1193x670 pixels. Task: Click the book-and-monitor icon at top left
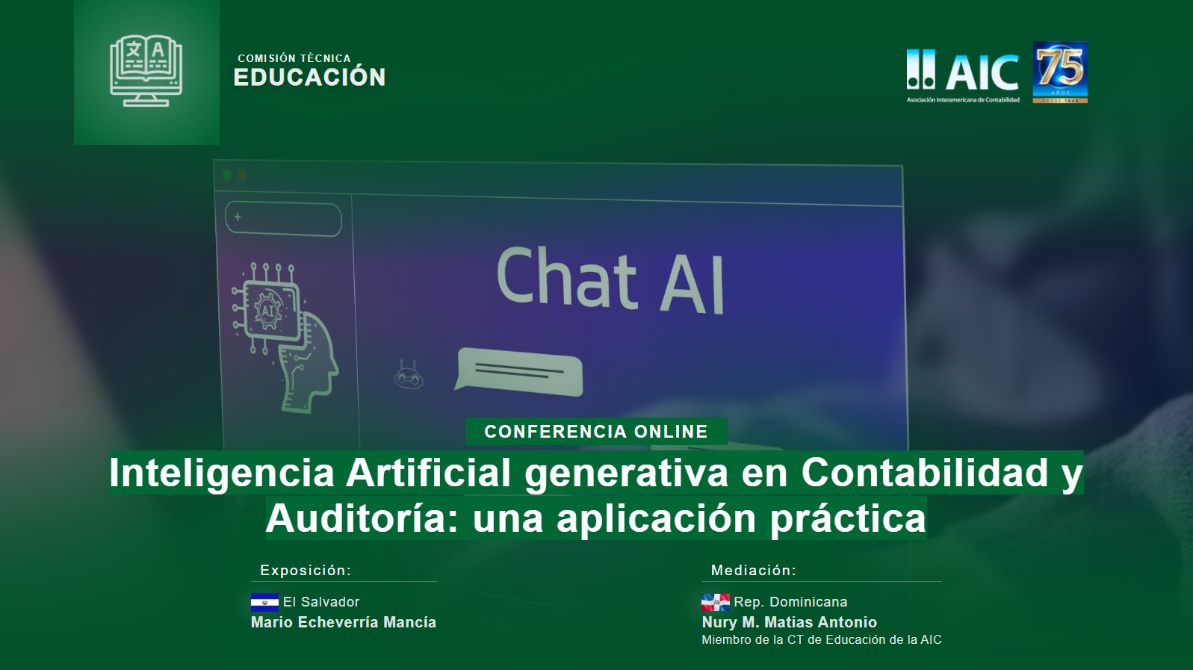pyautogui.click(x=146, y=71)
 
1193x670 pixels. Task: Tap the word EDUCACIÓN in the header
pyautogui.click(x=309, y=77)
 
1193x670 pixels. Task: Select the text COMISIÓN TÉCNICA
pyautogui.click(x=294, y=58)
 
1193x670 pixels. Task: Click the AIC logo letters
pyautogui.click(x=982, y=72)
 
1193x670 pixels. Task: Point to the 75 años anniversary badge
pyautogui.click(x=1060, y=72)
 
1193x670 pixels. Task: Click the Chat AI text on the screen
pyautogui.click(x=610, y=279)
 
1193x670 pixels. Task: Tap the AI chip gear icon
pyautogui.click(x=268, y=309)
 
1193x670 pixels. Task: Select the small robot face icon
pyautogui.click(x=409, y=374)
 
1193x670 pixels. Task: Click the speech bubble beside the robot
pyautogui.click(x=518, y=371)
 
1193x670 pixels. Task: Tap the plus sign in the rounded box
pyautogui.click(x=238, y=217)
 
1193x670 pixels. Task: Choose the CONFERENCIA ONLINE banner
pyautogui.click(x=596, y=432)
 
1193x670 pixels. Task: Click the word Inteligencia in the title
pyautogui.click(x=222, y=473)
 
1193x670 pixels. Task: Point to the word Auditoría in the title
pyautogui.click(x=356, y=518)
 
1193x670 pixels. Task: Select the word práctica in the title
pyautogui.click(x=848, y=518)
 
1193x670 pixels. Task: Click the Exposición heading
pyautogui.click(x=306, y=571)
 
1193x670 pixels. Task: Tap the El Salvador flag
pyautogui.click(x=264, y=602)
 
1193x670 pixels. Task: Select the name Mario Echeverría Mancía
pyautogui.click(x=344, y=622)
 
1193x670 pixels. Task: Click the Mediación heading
pyautogui.click(x=754, y=571)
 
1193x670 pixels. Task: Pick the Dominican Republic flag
pyautogui.click(x=715, y=602)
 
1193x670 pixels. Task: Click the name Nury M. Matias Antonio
pyautogui.click(x=790, y=622)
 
